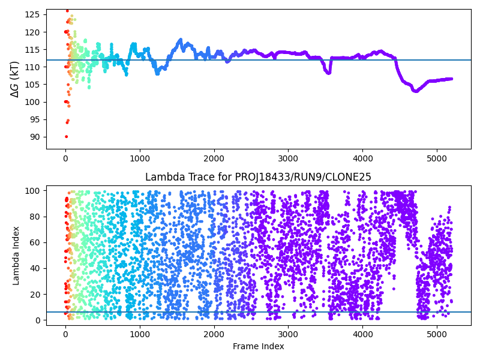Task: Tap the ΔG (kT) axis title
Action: tap(15, 79)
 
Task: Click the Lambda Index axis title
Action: tap(16, 256)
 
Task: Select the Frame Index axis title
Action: tap(259, 346)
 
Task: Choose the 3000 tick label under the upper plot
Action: tap(288, 158)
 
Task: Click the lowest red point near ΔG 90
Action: tap(66, 137)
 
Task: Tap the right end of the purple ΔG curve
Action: tap(451, 79)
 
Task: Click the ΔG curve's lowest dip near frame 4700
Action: tap(415, 91)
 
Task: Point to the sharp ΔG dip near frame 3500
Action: tap(328, 73)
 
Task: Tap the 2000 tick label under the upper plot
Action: tap(214, 158)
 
